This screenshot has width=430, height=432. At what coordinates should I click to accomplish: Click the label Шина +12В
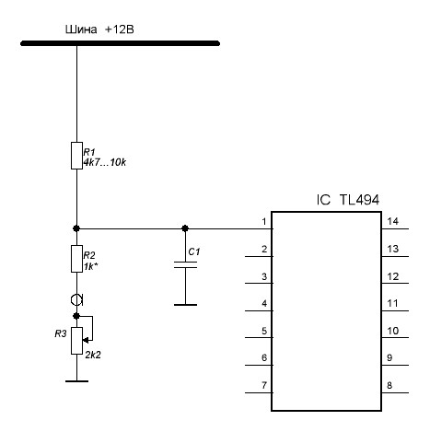99,29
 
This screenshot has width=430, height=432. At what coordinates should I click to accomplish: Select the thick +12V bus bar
120,43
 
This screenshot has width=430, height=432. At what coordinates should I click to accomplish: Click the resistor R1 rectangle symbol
76,156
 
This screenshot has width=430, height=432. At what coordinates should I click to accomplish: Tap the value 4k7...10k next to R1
105,162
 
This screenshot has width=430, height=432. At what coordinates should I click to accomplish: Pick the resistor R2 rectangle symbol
76,259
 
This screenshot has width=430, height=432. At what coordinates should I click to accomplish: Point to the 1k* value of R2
91,266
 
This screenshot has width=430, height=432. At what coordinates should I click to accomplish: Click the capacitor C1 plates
185,265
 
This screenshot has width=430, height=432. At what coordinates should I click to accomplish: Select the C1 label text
194,251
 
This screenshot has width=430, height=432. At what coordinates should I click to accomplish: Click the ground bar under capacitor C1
185,305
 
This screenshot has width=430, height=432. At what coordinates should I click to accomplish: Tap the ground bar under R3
76,381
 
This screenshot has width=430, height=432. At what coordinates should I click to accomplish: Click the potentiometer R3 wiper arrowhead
86,340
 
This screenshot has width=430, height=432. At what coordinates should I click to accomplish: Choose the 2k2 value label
93,355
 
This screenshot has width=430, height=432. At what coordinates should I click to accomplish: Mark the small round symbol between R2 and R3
77,299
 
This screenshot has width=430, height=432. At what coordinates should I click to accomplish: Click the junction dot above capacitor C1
185,228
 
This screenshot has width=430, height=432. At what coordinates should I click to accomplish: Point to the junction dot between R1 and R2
76,228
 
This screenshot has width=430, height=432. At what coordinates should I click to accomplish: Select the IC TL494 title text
348,200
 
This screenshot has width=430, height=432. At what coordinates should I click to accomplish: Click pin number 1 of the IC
264,221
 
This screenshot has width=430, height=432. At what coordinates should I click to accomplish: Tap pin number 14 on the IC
393,221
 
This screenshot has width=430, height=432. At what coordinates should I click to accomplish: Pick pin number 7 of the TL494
264,385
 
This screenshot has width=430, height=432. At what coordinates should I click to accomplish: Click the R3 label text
61,333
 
